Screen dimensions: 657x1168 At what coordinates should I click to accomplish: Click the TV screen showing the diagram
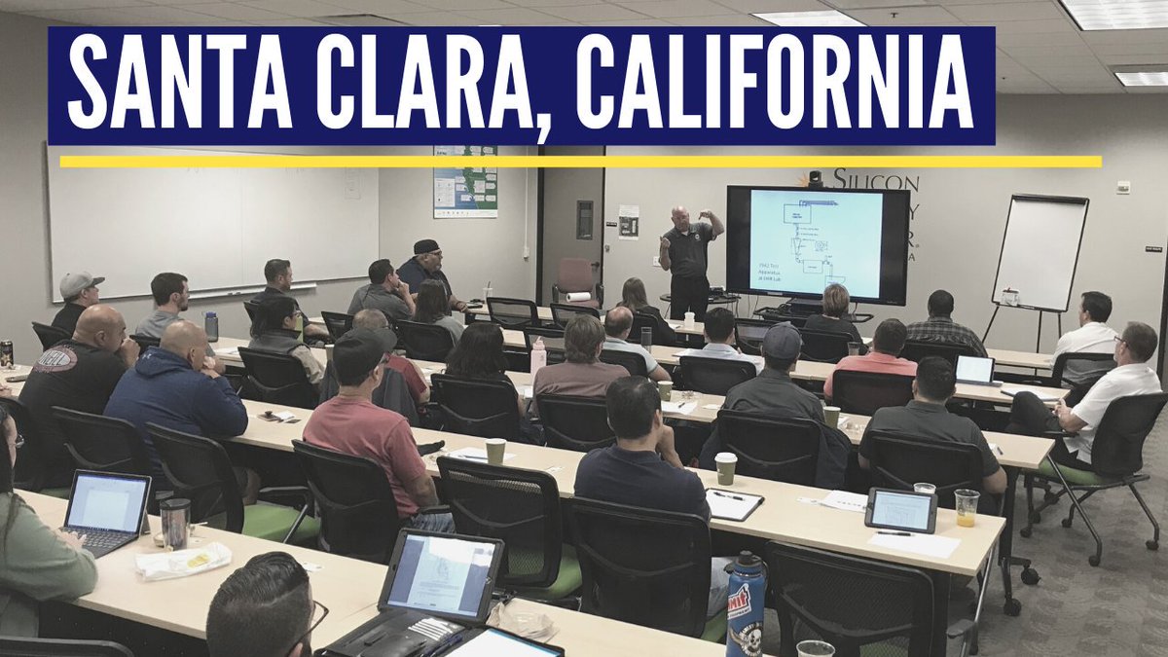(x=815, y=243)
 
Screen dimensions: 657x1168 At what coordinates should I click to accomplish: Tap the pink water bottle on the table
(x=538, y=356)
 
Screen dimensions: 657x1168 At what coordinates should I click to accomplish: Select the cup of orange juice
(x=966, y=507)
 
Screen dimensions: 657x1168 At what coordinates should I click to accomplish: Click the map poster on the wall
(x=464, y=182)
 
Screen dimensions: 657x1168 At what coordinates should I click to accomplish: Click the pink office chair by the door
(x=576, y=281)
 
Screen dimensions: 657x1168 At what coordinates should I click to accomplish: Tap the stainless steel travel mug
(x=175, y=524)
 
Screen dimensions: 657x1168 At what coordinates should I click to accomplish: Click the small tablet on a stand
(x=900, y=510)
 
